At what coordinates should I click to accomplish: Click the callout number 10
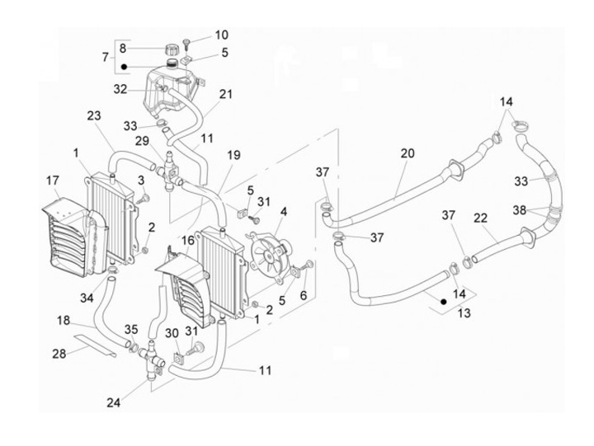tap(222, 35)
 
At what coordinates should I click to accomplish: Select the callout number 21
tap(226, 94)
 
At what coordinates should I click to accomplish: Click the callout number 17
tap(53, 181)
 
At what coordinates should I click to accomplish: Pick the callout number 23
tap(94, 115)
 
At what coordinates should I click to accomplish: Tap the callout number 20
tap(408, 153)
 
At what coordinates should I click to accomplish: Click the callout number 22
tap(480, 218)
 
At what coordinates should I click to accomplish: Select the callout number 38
tap(520, 210)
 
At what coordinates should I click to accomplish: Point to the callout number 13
tap(464, 313)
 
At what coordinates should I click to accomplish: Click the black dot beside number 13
tap(443, 302)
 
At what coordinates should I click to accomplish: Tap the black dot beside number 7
tap(124, 67)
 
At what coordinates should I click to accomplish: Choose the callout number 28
tap(59, 354)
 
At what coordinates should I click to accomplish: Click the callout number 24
tap(113, 402)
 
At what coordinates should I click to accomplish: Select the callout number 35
tap(131, 330)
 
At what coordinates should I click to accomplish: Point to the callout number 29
tap(143, 141)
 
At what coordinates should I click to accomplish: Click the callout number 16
tap(188, 240)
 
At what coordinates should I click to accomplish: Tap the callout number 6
tap(304, 295)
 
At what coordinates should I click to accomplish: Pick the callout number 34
tap(87, 298)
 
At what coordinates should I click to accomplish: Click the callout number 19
tap(233, 155)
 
